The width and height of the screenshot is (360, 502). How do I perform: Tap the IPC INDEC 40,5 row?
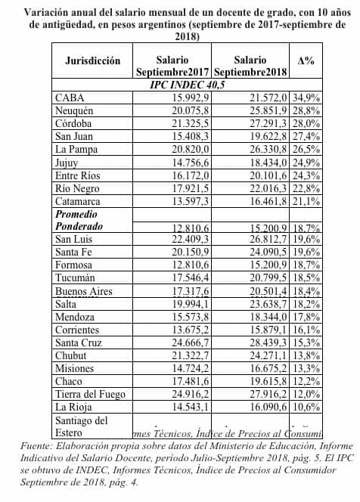point(187,85)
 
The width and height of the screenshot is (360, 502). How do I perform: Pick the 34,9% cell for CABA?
point(306,99)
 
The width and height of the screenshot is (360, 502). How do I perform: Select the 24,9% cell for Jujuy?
point(306,163)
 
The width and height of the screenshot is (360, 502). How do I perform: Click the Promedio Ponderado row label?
point(81,220)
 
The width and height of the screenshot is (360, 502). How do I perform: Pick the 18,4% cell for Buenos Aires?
point(306,292)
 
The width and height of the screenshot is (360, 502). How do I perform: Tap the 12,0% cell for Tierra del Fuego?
point(306,394)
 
